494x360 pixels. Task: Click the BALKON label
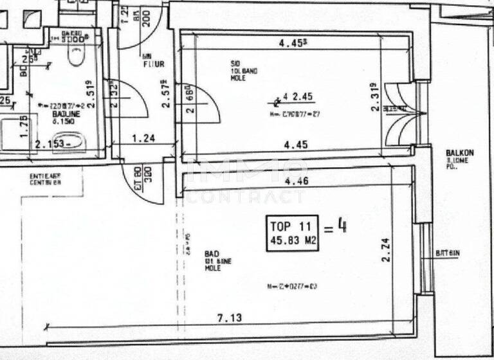point(460,153)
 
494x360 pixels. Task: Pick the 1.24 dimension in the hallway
point(144,138)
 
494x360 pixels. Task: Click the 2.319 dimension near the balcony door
point(374,98)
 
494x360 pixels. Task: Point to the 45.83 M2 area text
point(293,241)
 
